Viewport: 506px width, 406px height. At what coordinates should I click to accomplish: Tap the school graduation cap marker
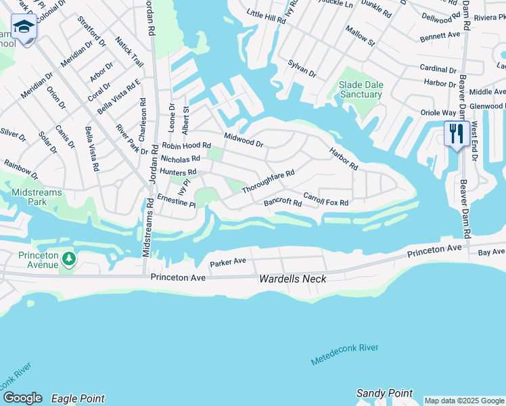pos(24,28)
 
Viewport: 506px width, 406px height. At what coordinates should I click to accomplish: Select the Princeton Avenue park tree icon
pos(68,258)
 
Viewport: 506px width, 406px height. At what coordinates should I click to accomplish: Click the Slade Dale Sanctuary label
pos(361,89)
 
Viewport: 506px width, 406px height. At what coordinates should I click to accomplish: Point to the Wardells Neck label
pos(293,279)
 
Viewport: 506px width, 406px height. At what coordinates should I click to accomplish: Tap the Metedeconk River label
pos(344,354)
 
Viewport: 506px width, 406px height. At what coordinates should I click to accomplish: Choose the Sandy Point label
pos(384,393)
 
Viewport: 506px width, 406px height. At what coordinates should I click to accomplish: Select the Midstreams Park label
pos(37,197)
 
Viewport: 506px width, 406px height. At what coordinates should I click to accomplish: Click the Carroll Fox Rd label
pos(325,200)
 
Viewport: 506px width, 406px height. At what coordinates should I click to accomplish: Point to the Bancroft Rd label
pos(283,202)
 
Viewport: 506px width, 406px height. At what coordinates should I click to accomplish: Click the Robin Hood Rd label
pos(186,145)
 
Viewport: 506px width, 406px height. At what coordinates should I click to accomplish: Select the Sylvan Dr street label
pos(302,68)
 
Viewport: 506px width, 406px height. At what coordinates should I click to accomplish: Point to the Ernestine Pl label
pos(176,201)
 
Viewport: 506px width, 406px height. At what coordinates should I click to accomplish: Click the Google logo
pos(22,398)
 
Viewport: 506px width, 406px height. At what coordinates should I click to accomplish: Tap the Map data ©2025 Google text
pos(463,401)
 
